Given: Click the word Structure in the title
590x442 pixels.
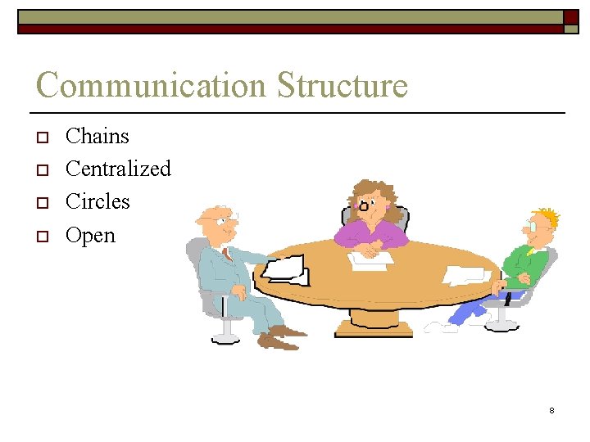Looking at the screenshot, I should click(342, 86).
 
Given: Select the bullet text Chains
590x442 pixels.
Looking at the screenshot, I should click(98, 136).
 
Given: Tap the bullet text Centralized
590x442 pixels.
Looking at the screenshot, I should click(118, 169).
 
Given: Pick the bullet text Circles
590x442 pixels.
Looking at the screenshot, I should click(98, 201).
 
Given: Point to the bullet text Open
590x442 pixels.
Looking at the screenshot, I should click(90, 236).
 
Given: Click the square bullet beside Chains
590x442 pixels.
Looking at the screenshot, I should click(44, 138).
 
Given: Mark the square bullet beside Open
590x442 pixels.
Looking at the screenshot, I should click(44, 237).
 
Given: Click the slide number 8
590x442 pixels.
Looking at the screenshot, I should click(551, 409).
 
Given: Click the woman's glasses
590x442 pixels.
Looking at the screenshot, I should click(364, 205).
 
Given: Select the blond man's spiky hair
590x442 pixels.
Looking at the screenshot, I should click(547, 217).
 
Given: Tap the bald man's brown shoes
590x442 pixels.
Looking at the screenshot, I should click(283, 336).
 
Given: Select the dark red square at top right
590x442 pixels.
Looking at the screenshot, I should click(570, 16).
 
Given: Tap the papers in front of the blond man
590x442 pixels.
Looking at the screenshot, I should click(467, 274).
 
